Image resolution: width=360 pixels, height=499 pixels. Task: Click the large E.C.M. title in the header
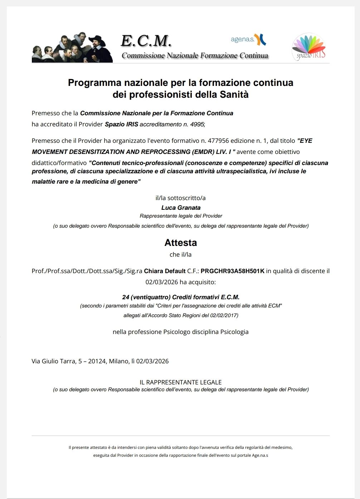click(x=146, y=41)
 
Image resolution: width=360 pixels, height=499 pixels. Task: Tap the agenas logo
click(x=248, y=39)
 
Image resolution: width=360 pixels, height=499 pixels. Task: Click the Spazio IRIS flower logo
click(x=308, y=47)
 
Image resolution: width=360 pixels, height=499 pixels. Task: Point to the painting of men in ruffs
click(x=72, y=48)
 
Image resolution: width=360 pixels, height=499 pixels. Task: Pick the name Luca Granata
click(x=181, y=208)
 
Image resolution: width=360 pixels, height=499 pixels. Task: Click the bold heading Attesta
click(x=181, y=243)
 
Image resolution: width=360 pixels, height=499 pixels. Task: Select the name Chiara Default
click(x=165, y=271)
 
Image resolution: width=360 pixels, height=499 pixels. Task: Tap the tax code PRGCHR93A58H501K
click(x=232, y=271)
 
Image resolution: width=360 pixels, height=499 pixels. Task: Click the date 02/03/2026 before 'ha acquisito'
click(x=161, y=282)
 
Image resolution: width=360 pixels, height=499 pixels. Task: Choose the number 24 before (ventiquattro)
click(x=126, y=297)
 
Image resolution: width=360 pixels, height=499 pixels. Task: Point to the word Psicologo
click(x=177, y=332)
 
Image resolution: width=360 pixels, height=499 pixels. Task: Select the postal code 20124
click(x=97, y=361)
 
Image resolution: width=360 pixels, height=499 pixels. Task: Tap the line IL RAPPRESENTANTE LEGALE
click(x=181, y=382)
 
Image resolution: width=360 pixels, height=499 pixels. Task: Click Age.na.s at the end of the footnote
click(x=260, y=455)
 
